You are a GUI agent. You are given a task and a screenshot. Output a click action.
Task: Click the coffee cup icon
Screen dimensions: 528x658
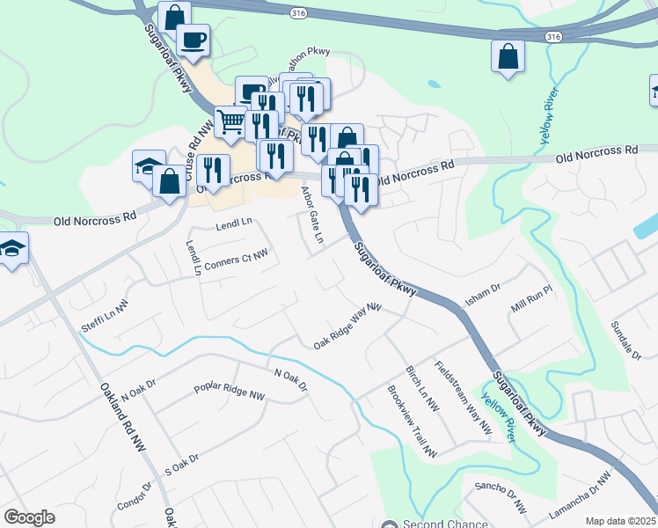pyautogui.click(x=193, y=39)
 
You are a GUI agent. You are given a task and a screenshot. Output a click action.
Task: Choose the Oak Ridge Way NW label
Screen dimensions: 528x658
pyautogui.click(x=347, y=326)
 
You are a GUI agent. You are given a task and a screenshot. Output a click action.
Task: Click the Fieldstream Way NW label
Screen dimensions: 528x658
pyautogui.click(x=464, y=397)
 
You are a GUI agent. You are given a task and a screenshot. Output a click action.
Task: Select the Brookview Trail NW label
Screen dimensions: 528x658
pyautogui.click(x=412, y=422)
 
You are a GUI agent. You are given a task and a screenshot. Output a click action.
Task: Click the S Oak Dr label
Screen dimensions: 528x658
pyautogui.click(x=182, y=464)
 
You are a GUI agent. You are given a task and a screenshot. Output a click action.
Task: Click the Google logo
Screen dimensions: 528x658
pyautogui.click(x=29, y=517)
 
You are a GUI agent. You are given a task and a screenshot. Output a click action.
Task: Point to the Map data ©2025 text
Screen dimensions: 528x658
pyautogui.click(x=620, y=521)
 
